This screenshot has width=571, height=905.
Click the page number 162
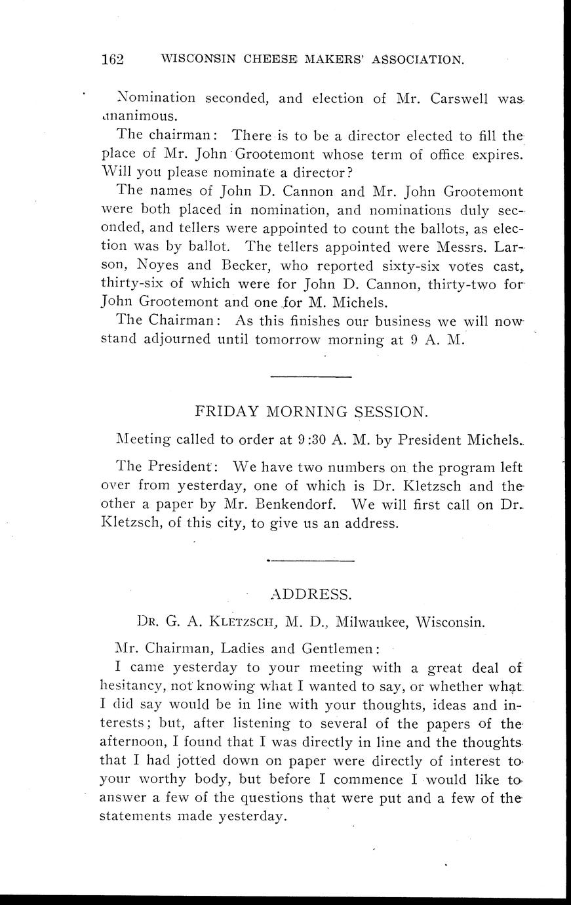coord(113,59)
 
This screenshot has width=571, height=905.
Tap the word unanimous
coord(138,116)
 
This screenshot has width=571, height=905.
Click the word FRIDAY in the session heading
coord(226,412)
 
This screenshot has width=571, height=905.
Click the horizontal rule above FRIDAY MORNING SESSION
coord(311,376)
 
